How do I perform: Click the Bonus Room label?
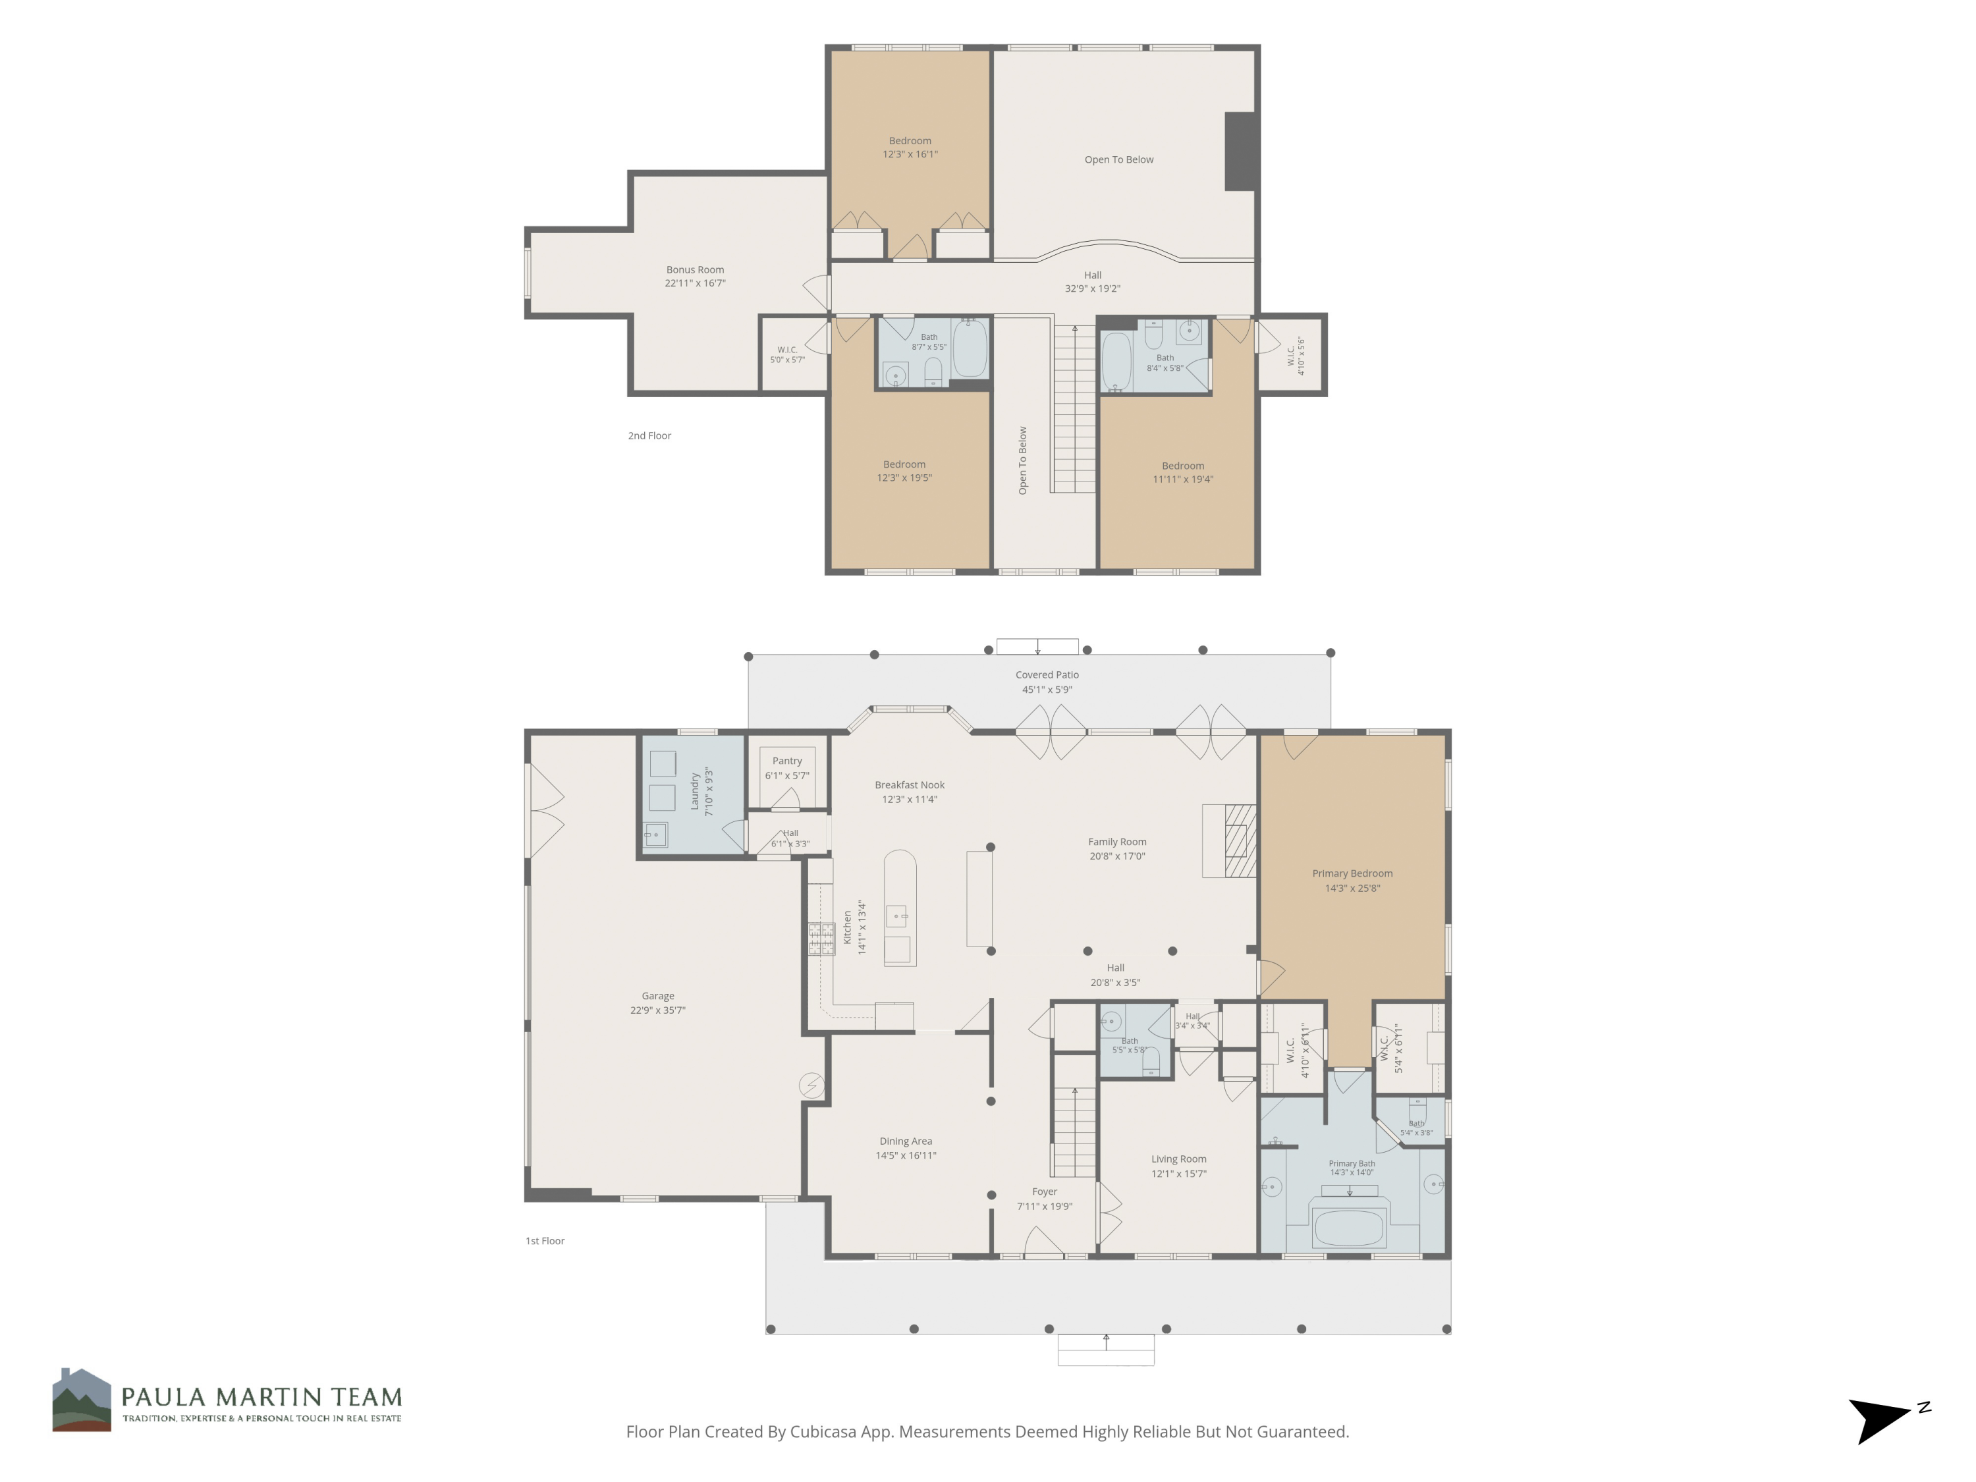[695, 270]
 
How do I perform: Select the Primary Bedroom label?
[1352, 873]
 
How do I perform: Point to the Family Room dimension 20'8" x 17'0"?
[1116, 856]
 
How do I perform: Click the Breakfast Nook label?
[910, 785]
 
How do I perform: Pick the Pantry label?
[787, 761]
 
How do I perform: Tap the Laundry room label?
[695, 792]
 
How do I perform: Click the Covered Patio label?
[1047, 675]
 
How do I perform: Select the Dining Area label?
[906, 1141]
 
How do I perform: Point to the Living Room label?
[1178, 1159]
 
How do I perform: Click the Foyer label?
[1044, 1192]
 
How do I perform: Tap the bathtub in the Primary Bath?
[1349, 1226]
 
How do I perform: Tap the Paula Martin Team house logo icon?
[81, 1400]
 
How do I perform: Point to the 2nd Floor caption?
[649, 436]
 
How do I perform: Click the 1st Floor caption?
[545, 1241]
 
